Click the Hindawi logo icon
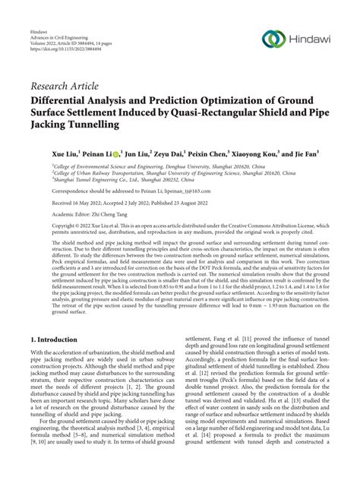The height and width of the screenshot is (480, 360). click(270, 39)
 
